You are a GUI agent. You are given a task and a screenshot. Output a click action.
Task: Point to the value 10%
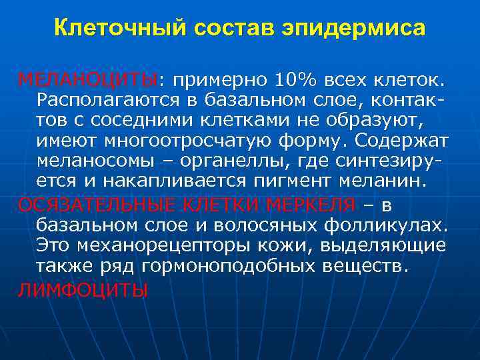click(294, 81)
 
